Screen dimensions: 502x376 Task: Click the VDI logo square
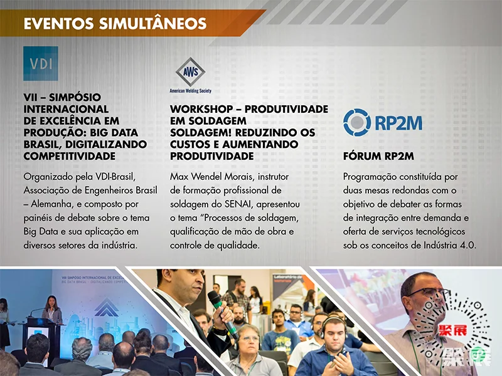click(x=41, y=63)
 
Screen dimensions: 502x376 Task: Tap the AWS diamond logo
click(x=191, y=71)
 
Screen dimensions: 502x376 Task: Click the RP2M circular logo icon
click(x=357, y=122)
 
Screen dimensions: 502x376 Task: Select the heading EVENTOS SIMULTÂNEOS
click(x=115, y=24)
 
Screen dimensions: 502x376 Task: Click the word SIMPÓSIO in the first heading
click(x=75, y=97)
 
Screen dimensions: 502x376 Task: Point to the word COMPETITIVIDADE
click(x=70, y=156)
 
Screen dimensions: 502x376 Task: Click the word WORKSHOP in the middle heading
click(x=201, y=109)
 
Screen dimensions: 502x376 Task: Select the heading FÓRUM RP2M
click(x=378, y=156)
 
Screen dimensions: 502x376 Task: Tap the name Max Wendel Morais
click(x=212, y=177)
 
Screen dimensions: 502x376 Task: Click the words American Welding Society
click(x=191, y=91)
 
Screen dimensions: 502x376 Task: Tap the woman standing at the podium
click(x=52, y=310)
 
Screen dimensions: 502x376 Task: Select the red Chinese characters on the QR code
click(x=452, y=330)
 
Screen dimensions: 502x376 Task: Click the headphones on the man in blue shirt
click(x=333, y=325)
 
